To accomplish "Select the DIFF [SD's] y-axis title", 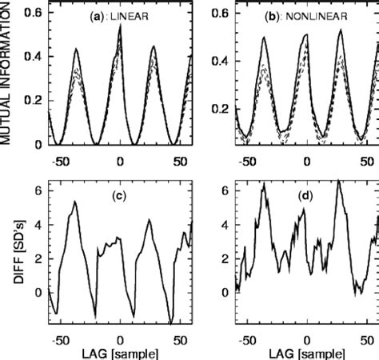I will [x=7, y=256].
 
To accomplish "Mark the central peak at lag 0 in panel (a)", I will [x=120, y=26].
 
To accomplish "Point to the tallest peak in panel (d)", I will [x=338, y=182].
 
